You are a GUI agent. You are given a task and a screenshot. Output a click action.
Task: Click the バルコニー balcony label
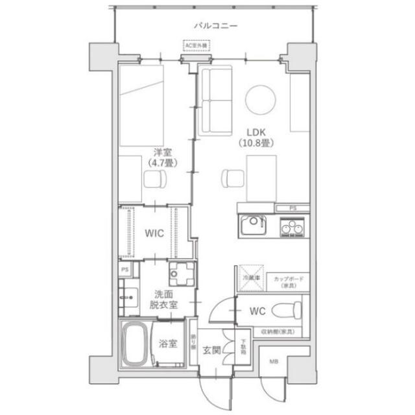215,27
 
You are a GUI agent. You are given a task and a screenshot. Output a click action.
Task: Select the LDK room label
251,136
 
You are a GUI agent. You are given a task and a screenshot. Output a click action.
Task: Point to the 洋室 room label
160,158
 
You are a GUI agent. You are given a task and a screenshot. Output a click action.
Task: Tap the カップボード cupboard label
287,281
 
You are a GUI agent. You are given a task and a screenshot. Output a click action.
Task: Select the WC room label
257,311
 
